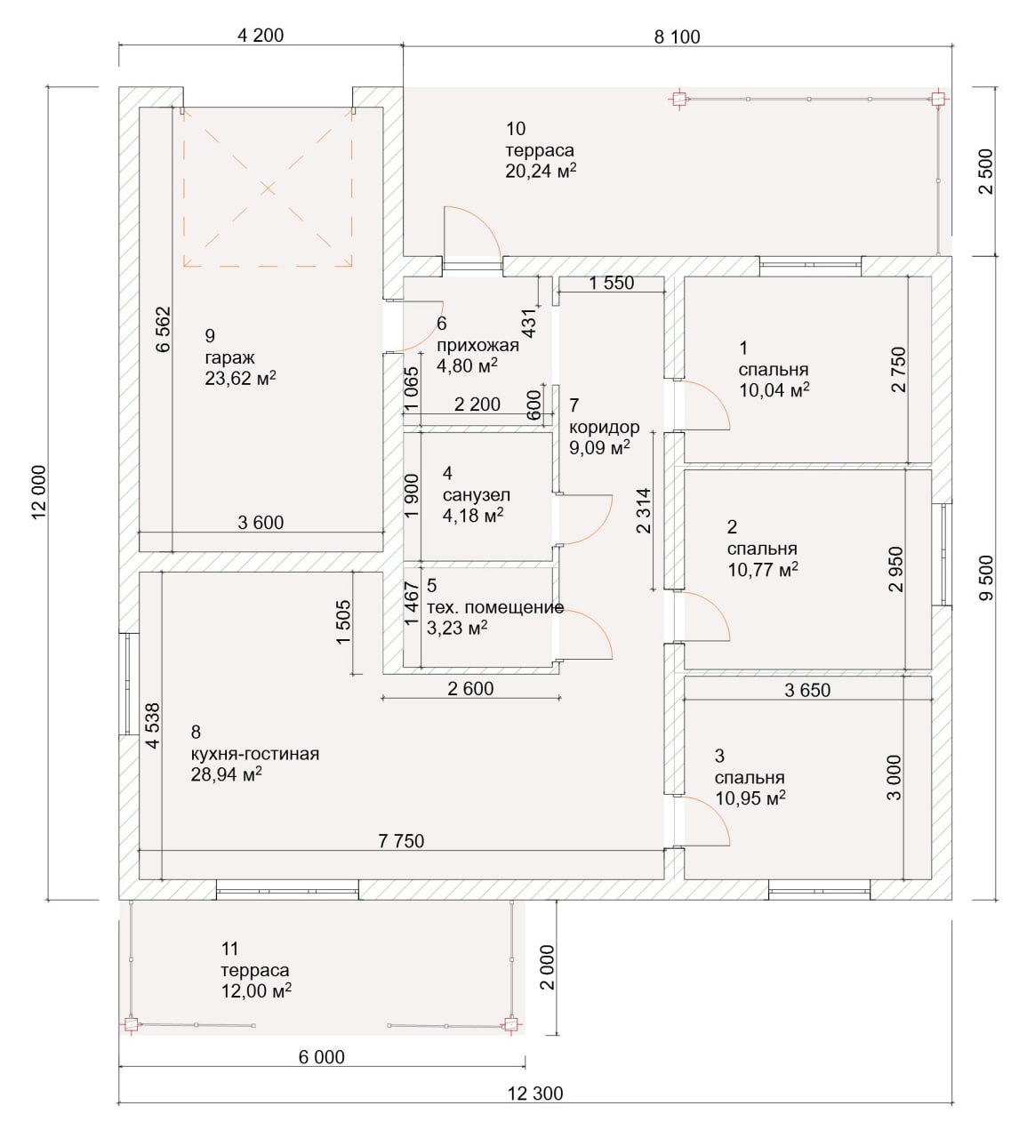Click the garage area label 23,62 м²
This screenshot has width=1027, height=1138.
[x=241, y=378]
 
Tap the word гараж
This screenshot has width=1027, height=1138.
[x=229, y=357]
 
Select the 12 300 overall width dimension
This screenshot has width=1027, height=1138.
[x=535, y=1093]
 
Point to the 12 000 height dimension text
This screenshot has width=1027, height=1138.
[x=38, y=493]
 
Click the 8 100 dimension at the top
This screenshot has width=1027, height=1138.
[x=677, y=36]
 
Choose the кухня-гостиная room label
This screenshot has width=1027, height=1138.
[x=255, y=753]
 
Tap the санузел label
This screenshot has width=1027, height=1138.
[x=476, y=494]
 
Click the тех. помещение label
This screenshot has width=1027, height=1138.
[x=494, y=607]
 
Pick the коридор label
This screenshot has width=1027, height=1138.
[x=605, y=427]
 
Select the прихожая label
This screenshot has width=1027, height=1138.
[x=477, y=345]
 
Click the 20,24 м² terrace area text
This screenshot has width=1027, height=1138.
[x=542, y=171]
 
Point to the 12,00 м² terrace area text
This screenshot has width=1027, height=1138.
[x=256, y=991]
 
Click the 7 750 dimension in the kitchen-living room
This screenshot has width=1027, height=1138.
[x=401, y=841]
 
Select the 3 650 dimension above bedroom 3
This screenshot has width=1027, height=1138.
[x=807, y=690]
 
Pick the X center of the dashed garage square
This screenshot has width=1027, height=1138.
[x=268, y=188]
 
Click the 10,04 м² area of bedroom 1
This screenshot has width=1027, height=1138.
[x=774, y=389]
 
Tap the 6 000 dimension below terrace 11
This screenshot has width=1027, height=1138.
[x=321, y=1057]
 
